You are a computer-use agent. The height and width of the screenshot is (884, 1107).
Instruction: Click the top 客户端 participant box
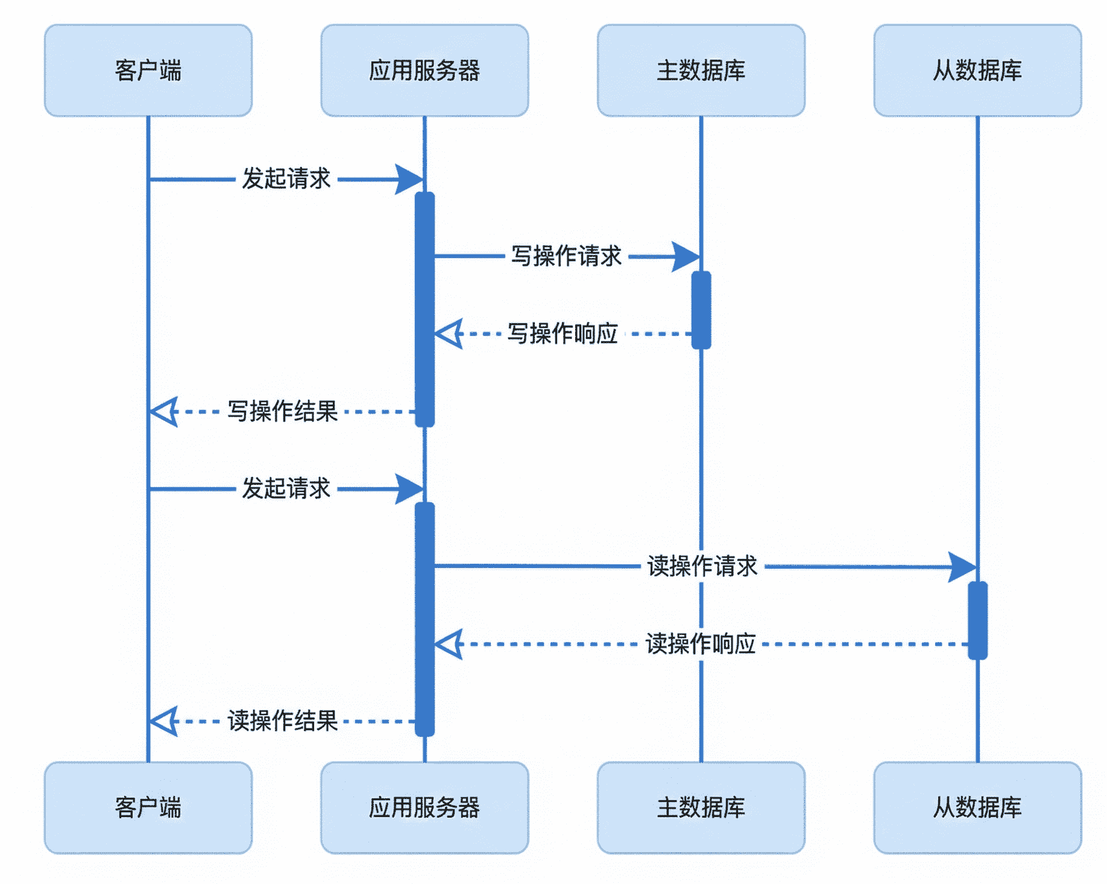(x=148, y=71)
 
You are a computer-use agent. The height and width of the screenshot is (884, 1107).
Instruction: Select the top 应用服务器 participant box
(x=424, y=71)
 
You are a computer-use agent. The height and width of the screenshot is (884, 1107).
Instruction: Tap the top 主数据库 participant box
(x=701, y=71)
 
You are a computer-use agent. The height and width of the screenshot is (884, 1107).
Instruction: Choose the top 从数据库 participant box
(x=977, y=71)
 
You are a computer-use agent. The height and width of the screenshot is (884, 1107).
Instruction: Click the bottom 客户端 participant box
(x=148, y=807)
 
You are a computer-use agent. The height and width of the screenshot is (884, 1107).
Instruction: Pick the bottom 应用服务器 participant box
(x=424, y=807)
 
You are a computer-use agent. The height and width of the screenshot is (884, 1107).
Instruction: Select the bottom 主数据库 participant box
(x=701, y=807)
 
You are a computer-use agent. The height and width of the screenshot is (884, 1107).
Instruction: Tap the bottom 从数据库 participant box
(x=977, y=807)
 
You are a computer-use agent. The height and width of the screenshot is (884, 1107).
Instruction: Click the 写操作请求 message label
(x=566, y=256)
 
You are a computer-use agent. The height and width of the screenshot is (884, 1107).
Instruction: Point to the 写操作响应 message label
(x=563, y=333)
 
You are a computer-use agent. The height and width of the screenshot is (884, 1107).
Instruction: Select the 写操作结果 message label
(x=282, y=411)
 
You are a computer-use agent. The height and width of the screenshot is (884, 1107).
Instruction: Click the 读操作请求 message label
(x=702, y=566)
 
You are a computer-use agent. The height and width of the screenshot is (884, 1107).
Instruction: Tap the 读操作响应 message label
(x=701, y=644)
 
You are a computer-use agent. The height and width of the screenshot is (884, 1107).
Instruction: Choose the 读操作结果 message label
(x=282, y=721)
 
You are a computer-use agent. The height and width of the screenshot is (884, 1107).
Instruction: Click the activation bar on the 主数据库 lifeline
(x=701, y=310)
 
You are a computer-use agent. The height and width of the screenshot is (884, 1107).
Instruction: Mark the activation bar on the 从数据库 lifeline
(x=977, y=620)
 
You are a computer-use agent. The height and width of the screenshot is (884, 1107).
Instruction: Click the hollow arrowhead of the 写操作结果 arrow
(x=164, y=412)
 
